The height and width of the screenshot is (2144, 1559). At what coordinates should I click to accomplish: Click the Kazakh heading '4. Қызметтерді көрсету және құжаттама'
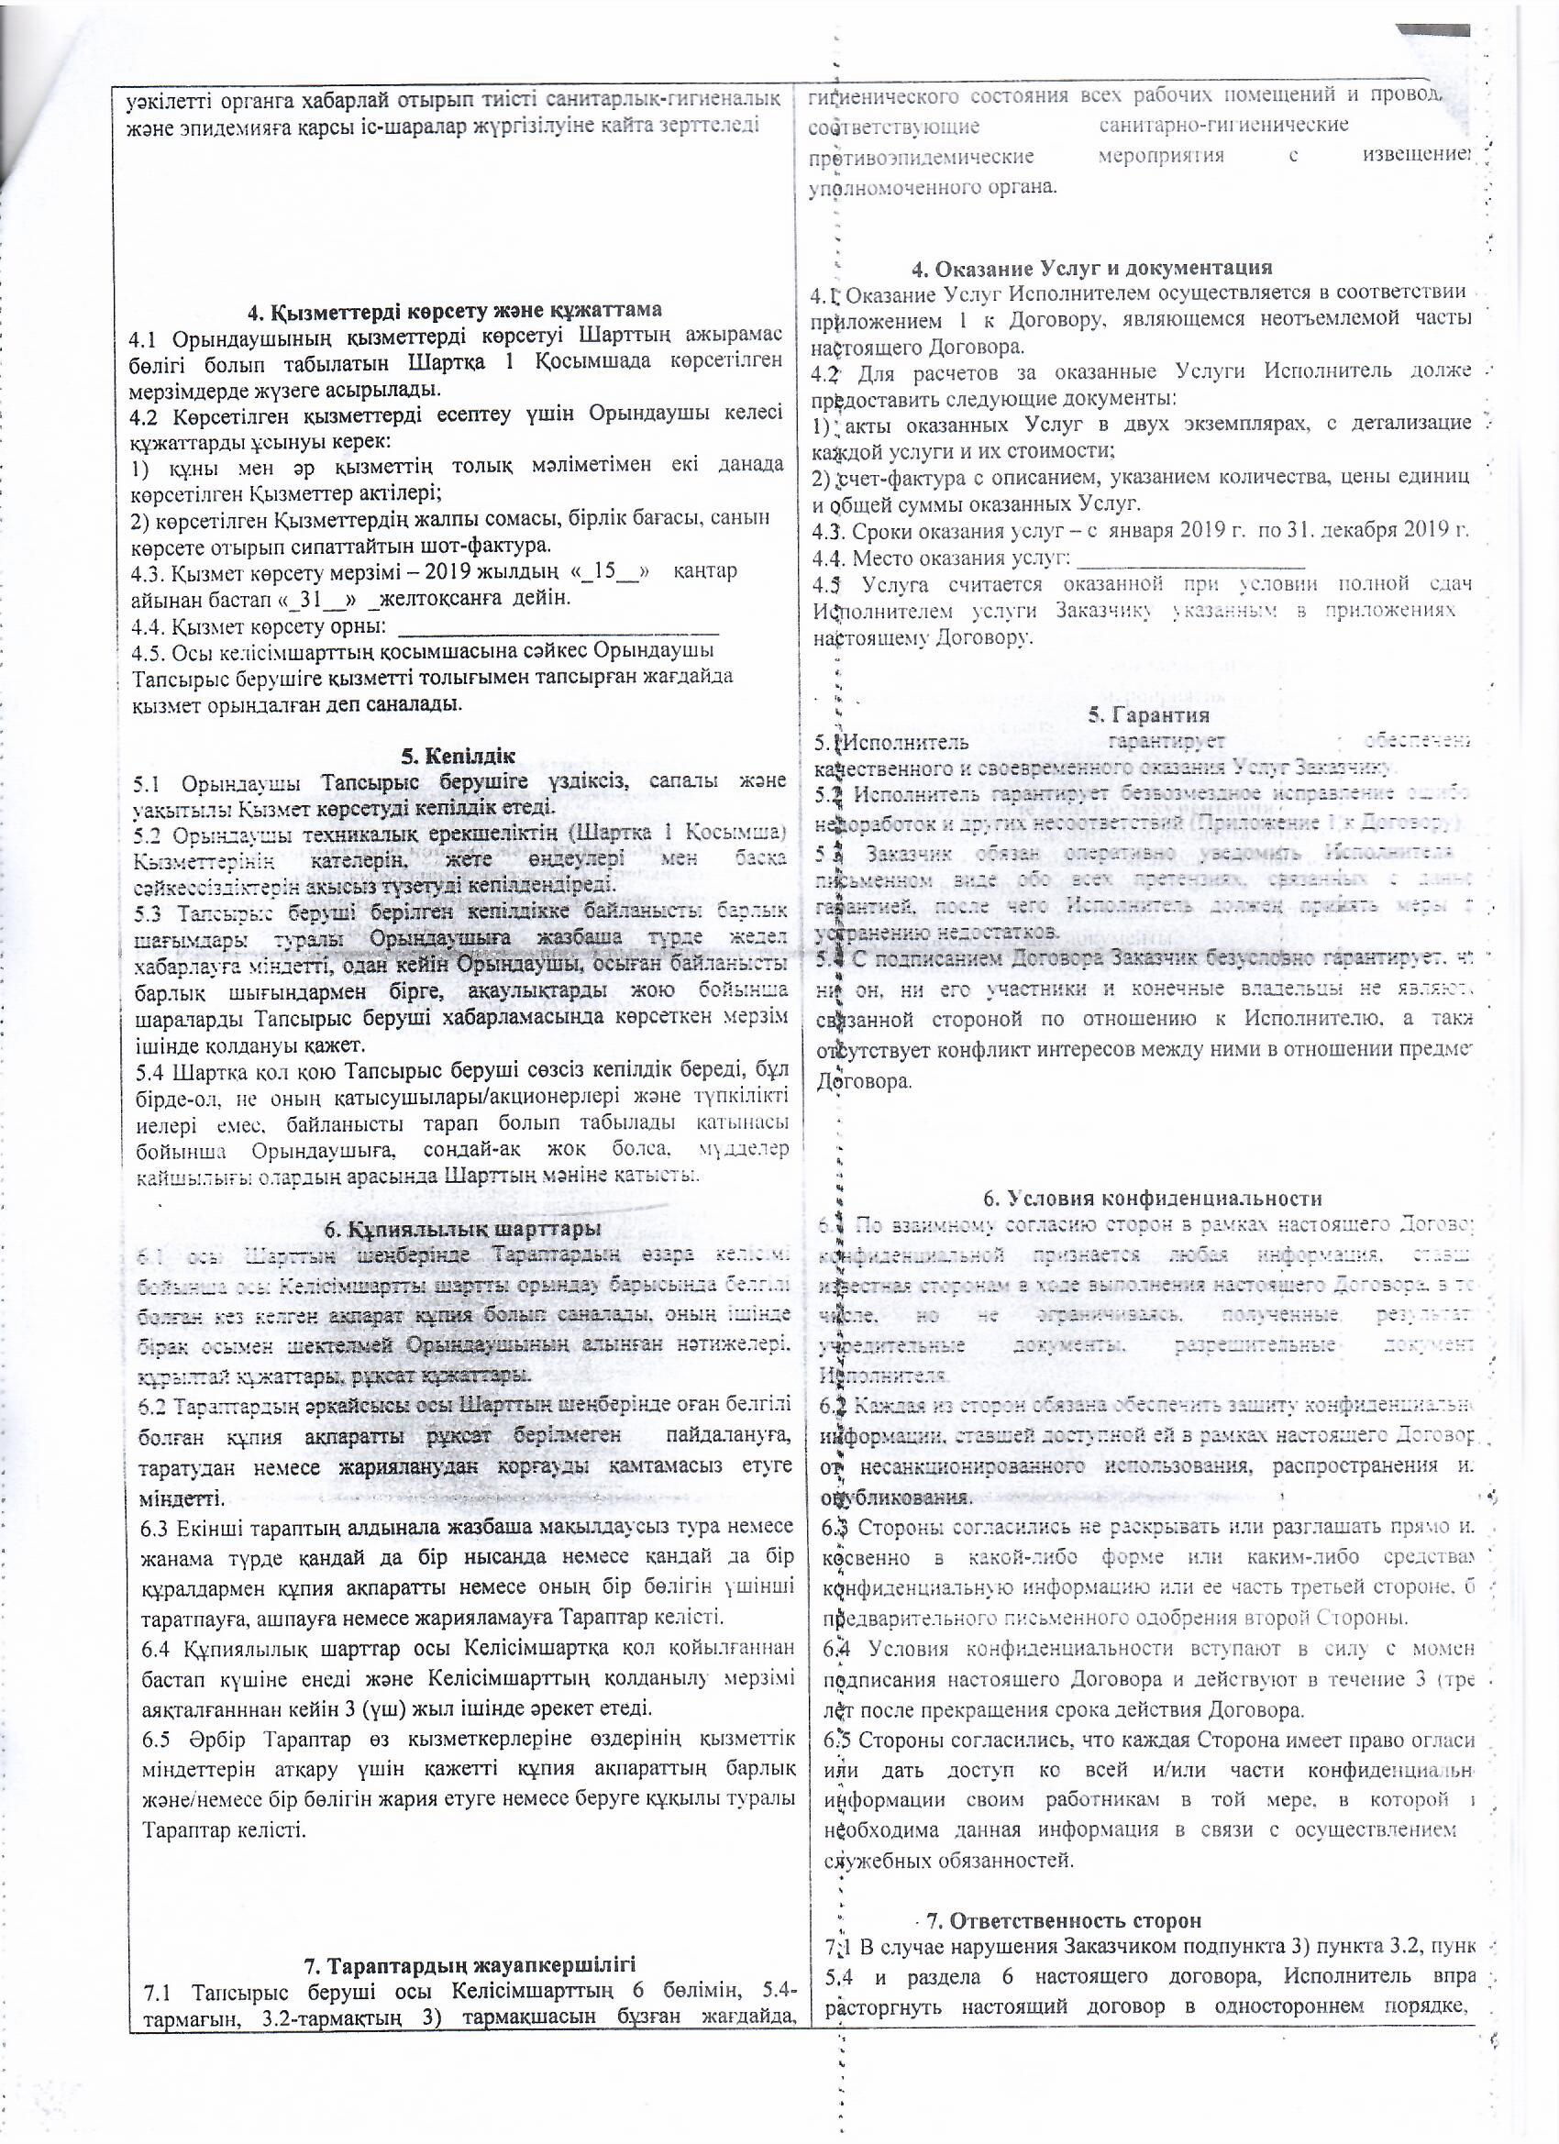tap(454, 311)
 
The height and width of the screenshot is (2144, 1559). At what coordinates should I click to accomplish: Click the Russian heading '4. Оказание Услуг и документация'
tap(1092, 267)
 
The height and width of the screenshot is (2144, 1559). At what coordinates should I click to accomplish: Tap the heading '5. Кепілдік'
tap(458, 756)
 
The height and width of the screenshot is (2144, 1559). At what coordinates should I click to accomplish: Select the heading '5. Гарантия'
tap(1149, 714)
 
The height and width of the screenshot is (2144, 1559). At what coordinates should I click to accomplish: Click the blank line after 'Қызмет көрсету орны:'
tap(558, 626)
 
